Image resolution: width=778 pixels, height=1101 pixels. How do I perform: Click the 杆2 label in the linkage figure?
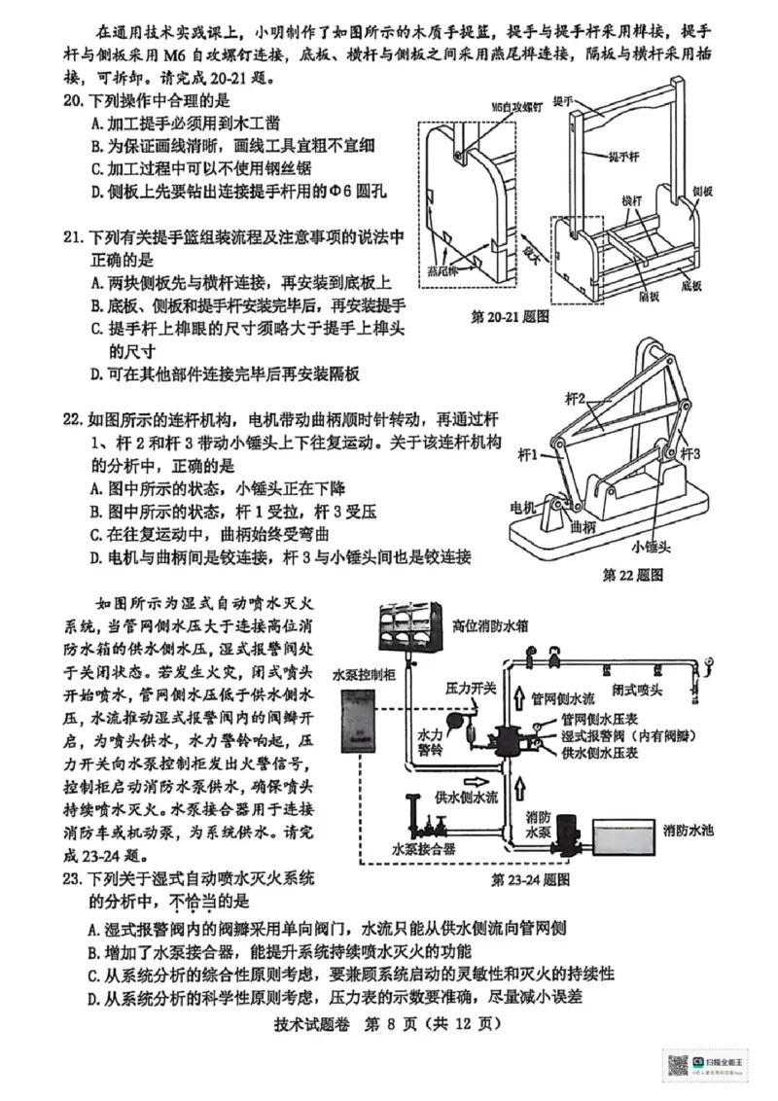[x=576, y=398]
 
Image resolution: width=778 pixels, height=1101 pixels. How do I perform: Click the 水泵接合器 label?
[x=424, y=848]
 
